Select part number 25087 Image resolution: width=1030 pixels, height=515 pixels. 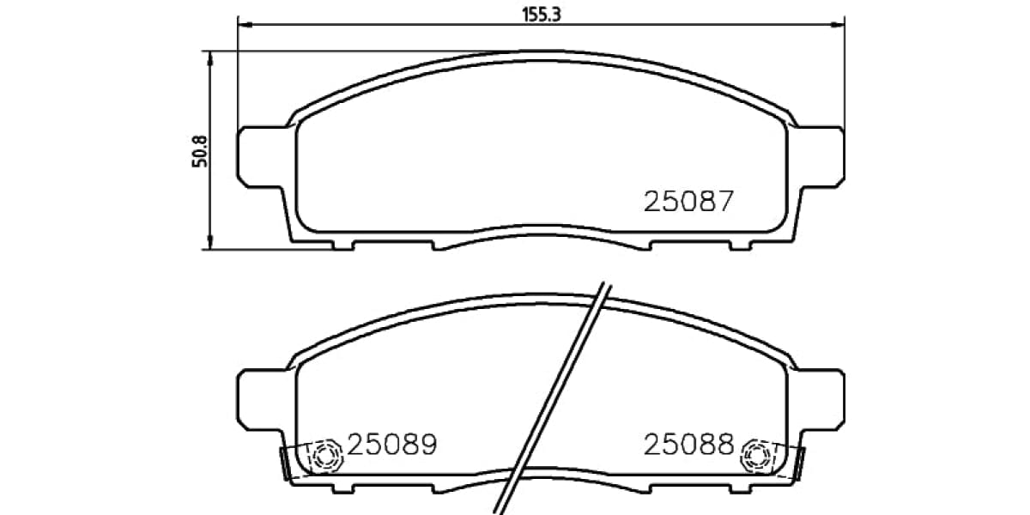point(689,202)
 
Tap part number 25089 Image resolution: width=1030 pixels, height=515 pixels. point(392,445)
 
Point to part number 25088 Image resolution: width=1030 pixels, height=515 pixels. point(689,445)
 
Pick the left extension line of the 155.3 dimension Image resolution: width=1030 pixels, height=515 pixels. point(238,77)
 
